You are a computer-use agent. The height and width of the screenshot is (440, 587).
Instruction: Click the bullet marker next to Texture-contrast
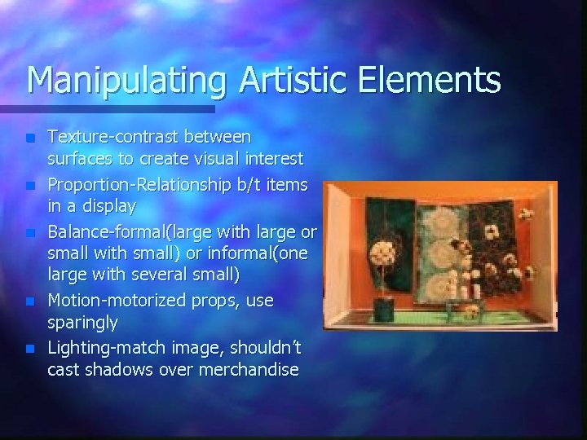30,136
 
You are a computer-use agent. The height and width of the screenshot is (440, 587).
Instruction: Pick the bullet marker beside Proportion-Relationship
30,185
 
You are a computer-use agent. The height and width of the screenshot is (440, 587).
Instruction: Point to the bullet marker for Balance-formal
30,232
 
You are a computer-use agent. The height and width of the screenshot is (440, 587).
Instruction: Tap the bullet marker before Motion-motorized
30,301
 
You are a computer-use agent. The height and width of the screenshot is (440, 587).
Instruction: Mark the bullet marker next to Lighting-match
30,349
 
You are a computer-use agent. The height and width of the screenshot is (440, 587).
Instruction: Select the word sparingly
82,323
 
